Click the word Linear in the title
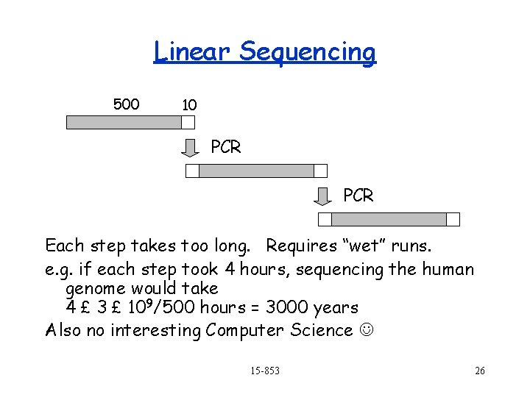(193, 52)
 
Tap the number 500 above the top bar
(126, 104)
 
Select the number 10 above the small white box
(189, 105)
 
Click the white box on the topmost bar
(189, 122)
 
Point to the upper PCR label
(225, 147)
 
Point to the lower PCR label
(358, 196)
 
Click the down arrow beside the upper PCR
(191, 148)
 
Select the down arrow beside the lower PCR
(323, 196)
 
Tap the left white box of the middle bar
(192, 171)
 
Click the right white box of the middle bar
(320, 171)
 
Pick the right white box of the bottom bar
(453, 219)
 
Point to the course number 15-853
(264, 371)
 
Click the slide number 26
(479, 371)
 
